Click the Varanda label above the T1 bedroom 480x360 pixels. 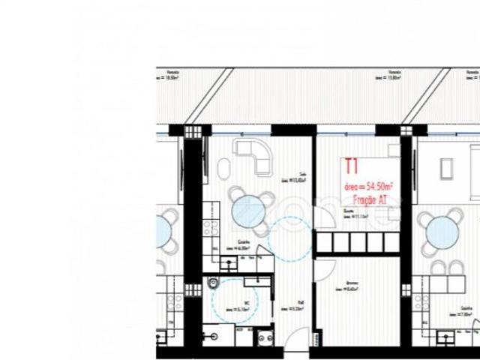tap(394, 75)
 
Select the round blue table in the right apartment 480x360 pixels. tap(442, 232)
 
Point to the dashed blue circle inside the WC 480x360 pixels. tap(234, 299)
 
